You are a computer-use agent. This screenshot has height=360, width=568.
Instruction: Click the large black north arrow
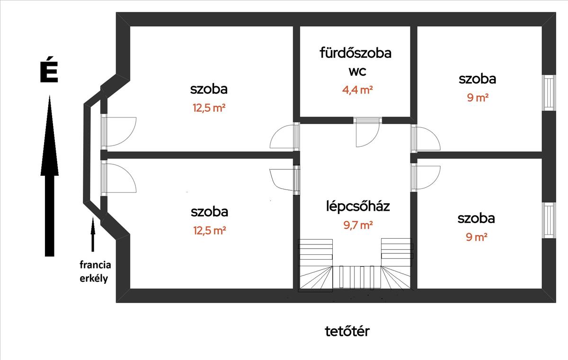pos(49,175)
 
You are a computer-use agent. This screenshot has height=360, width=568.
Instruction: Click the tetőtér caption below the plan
pos(347,331)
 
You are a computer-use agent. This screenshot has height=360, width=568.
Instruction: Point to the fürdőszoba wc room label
pos(355,62)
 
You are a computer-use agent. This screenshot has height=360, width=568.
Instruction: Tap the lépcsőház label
pos(358,206)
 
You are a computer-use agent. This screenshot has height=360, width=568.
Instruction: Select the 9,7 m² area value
pos(358,225)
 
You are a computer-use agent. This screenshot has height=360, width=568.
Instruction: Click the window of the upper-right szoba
pos(549,93)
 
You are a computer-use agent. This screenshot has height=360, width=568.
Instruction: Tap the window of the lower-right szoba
pos(549,220)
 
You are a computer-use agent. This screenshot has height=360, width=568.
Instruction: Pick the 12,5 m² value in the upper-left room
pos(209,108)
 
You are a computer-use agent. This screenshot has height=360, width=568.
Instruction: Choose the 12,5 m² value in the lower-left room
pos(209,231)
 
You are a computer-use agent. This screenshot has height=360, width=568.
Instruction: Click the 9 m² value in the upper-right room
pos(477,98)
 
